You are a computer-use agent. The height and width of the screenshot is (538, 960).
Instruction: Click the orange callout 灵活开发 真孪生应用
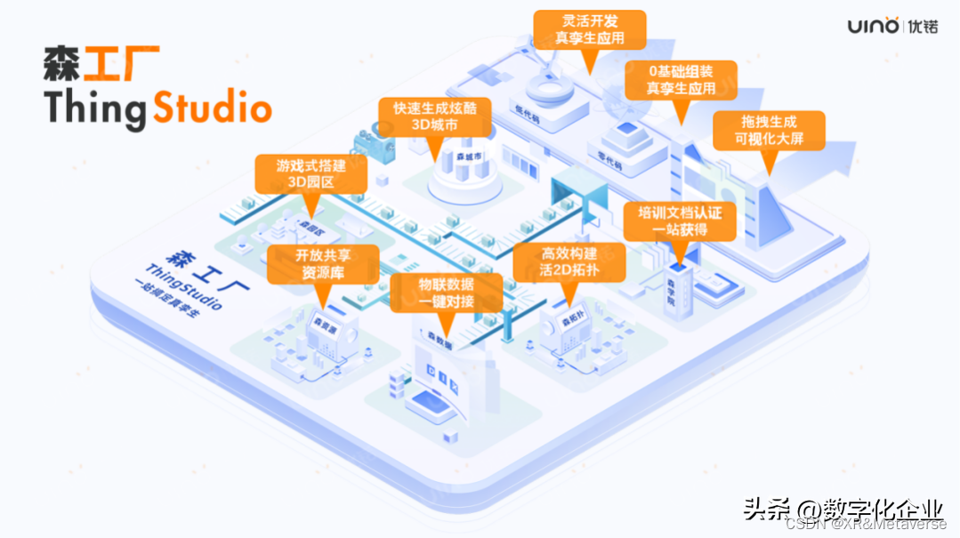[589, 29]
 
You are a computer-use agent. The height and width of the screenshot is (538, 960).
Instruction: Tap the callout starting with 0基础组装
[681, 79]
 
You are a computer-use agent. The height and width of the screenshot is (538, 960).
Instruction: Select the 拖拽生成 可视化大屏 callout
[769, 131]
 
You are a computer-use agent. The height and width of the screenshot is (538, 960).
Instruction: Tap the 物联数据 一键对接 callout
[446, 293]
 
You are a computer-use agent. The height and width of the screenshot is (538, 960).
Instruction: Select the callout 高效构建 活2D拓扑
[569, 263]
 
